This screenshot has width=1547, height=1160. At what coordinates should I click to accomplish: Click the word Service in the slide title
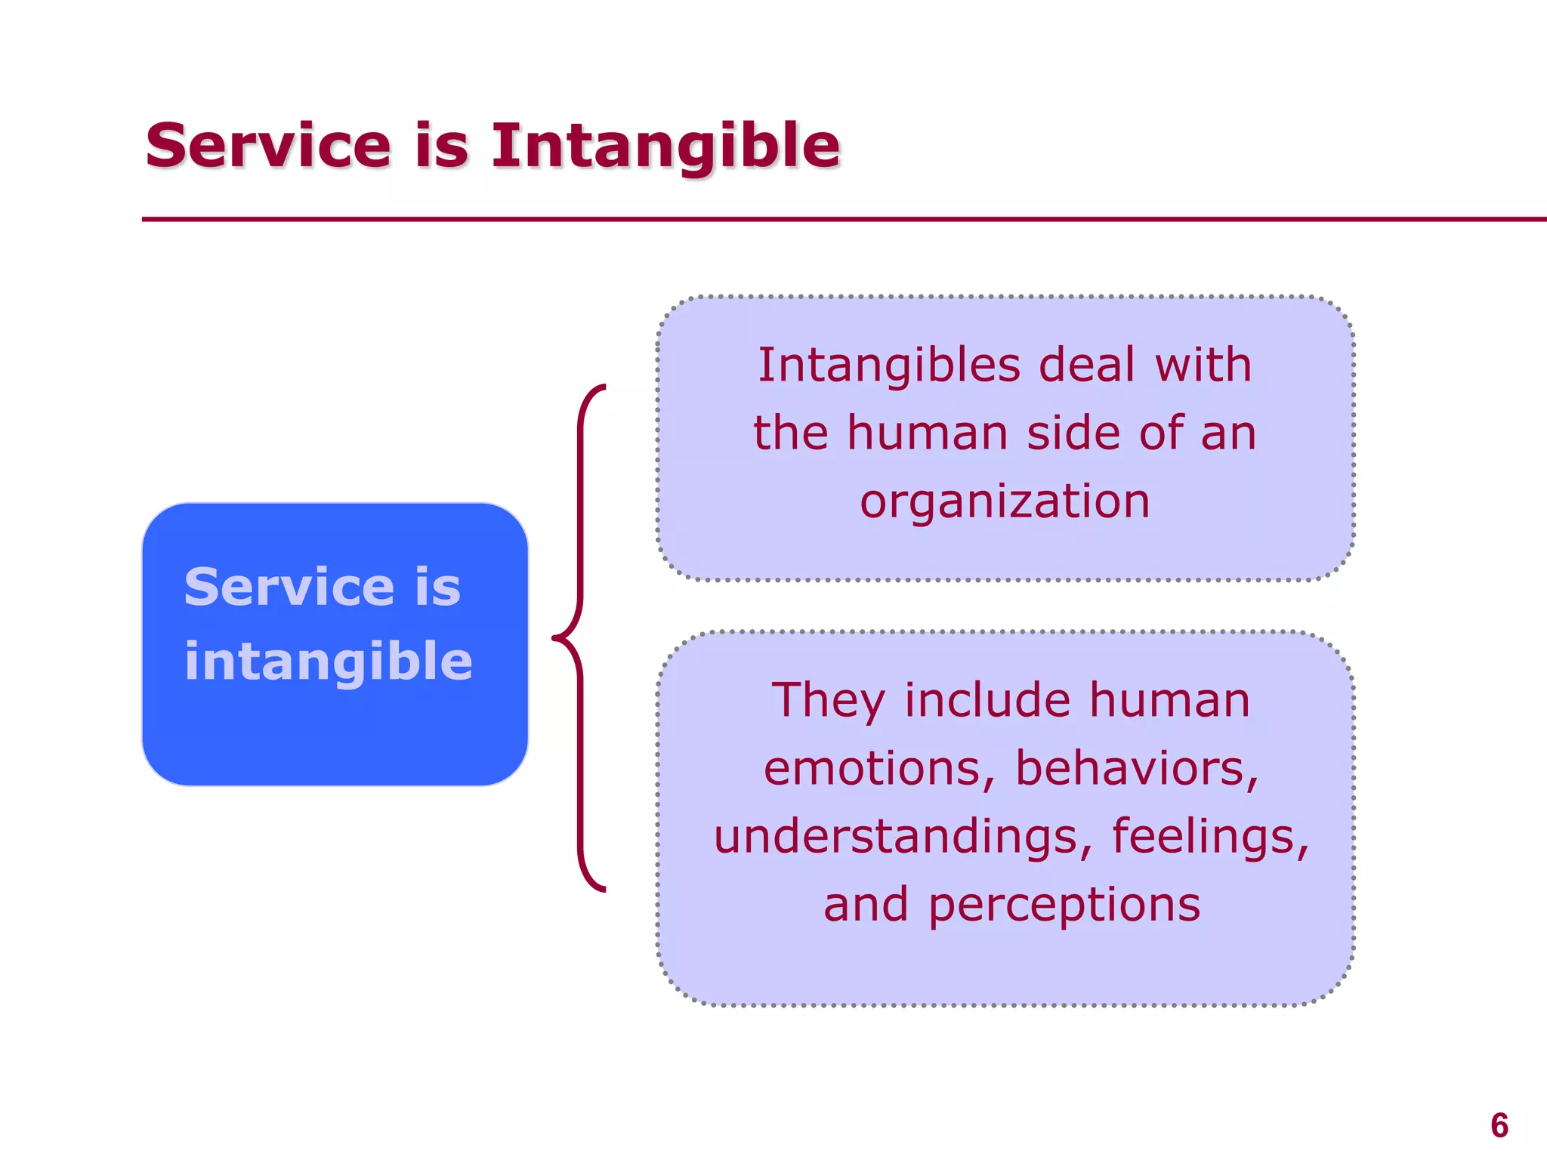tap(268, 145)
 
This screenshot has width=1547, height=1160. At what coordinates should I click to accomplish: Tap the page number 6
tap(1499, 1126)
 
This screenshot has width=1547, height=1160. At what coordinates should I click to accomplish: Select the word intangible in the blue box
tap(328, 662)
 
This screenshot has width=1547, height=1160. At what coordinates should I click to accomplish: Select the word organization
tap(1005, 501)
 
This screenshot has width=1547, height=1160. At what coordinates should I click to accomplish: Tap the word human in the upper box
tap(928, 433)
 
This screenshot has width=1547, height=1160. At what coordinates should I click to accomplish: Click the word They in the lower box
tap(827, 701)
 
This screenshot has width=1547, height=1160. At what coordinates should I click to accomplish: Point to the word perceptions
tap(1064, 905)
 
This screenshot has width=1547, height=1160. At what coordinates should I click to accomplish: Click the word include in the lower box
tap(987, 701)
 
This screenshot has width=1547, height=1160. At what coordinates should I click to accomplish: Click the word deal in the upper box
tap(1087, 366)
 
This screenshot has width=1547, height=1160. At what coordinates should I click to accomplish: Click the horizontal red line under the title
tap(831, 220)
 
